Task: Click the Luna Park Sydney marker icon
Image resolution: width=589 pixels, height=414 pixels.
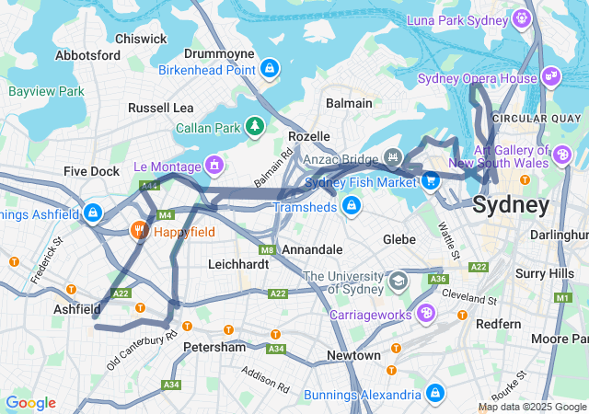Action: point(522,17)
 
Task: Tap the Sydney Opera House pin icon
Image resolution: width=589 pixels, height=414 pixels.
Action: point(551,76)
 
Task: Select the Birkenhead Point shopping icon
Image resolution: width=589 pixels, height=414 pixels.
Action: point(270,69)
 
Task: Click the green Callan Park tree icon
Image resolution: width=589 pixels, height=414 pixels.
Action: point(253,126)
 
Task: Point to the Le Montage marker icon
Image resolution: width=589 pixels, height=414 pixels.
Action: point(214,166)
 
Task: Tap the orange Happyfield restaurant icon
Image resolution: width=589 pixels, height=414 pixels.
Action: point(140,230)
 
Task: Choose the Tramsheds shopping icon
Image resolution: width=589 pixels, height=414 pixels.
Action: point(351,204)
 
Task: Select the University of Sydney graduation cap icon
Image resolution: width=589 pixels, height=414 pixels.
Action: point(398,279)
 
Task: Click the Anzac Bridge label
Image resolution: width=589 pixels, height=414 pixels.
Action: point(343,157)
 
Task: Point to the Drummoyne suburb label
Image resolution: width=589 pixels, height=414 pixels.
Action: point(214,53)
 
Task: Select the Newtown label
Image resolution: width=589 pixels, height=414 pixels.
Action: point(353,355)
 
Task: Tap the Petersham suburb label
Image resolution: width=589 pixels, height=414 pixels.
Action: point(214,348)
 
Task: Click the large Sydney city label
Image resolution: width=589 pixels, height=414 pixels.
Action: point(511,204)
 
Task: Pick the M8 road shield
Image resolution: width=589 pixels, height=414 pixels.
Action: point(267,249)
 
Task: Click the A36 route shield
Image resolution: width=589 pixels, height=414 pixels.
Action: point(439,279)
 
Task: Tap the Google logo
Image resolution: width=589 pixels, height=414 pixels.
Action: point(30,403)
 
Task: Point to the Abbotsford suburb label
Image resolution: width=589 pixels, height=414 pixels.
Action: point(88,55)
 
